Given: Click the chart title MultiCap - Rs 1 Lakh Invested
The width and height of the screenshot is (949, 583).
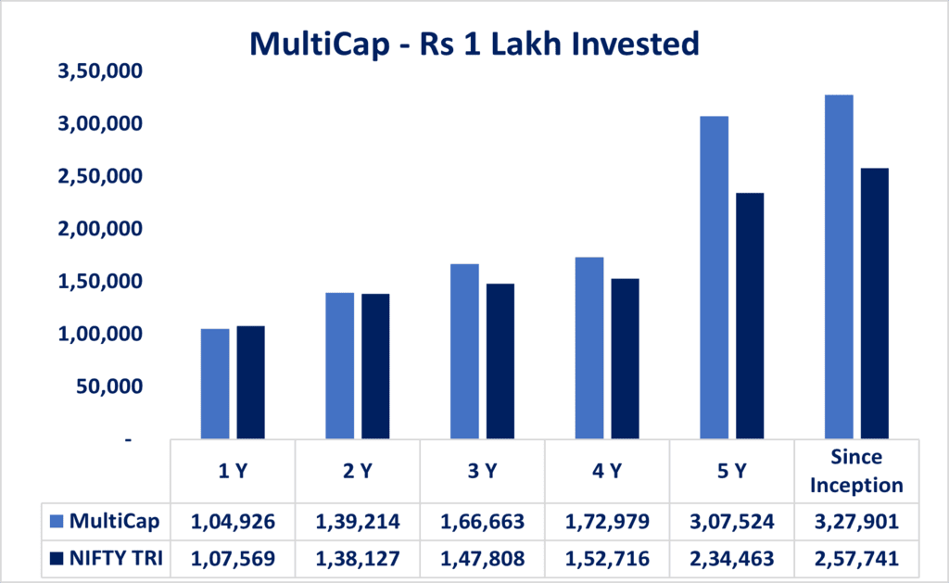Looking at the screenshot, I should click(x=474, y=44).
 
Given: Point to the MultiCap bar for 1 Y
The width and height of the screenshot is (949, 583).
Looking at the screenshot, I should click(x=215, y=383).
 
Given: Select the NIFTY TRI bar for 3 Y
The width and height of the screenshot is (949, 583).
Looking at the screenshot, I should click(x=500, y=361).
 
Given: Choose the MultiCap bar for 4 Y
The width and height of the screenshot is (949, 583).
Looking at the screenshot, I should click(x=588, y=348).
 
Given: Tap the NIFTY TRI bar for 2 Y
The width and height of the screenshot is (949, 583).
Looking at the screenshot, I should click(x=375, y=365).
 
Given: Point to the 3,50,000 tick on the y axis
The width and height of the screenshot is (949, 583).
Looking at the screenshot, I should click(x=97, y=71).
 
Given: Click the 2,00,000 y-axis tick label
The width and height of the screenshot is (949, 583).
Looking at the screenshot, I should click(x=97, y=229).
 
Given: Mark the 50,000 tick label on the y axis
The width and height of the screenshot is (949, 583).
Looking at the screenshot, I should click(x=109, y=387).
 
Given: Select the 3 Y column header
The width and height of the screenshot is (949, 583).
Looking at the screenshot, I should click(x=482, y=471).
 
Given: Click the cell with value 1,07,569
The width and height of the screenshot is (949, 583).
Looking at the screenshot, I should click(x=233, y=560).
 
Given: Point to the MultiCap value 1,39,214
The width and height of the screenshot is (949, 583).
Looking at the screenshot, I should click(x=358, y=522).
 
